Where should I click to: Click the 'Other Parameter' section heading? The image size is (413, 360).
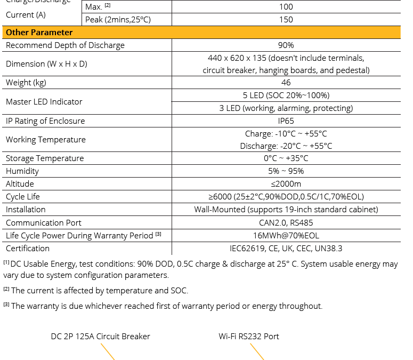coord(39,33)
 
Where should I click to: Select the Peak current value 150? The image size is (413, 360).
coord(286,20)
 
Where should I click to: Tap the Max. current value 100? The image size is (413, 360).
coord(286,7)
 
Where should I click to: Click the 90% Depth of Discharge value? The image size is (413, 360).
coord(286,45)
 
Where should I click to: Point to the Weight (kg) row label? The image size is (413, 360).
coord(26,83)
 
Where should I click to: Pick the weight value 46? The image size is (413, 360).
coord(286,83)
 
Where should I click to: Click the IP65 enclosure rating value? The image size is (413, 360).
coord(286,121)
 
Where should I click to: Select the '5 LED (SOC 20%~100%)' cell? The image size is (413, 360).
coord(286,95)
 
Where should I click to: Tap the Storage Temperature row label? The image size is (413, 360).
coord(45,158)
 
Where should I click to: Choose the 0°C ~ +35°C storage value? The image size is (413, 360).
coord(286,158)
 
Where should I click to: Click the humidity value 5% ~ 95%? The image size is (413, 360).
coord(286,171)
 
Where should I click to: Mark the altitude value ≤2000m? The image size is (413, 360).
coord(286,184)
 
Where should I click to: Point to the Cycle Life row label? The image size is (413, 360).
coord(23,197)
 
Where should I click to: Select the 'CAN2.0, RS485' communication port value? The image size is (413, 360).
coord(286,223)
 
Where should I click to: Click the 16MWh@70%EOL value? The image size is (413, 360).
coord(286,236)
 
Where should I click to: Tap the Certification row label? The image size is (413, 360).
coord(28,249)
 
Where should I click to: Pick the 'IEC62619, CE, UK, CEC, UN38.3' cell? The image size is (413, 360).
coord(286,249)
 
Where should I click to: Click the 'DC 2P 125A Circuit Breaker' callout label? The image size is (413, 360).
coord(100,337)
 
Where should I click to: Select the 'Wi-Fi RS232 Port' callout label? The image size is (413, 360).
coord(249,337)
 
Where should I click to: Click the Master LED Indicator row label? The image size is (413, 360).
coord(44,102)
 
